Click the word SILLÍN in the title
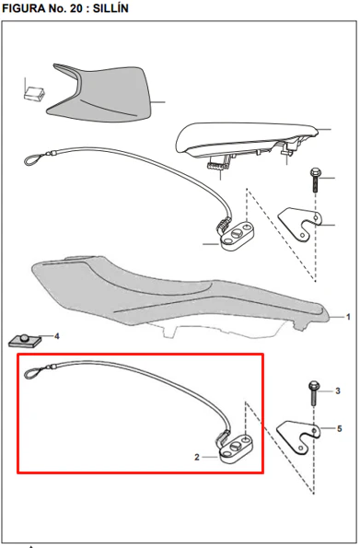(110, 8)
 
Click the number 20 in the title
(76, 8)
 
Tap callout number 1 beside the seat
(348, 317)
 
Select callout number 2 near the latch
(197, 457)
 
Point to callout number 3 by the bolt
(338, 391)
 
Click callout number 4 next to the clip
(57, 336)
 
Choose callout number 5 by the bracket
(340, 428)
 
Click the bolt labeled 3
(314, 393)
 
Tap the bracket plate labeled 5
(298, 437)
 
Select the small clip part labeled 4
(25, 341)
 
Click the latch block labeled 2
(234, 449)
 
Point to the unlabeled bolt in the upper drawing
(315, 180)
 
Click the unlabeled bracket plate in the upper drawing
(300, 224)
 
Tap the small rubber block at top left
(34, 94)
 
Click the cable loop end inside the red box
(33, 373)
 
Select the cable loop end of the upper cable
(33, 159)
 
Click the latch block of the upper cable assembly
(237, 235)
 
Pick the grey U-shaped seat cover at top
(99, 93)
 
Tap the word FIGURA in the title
(24, 8)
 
